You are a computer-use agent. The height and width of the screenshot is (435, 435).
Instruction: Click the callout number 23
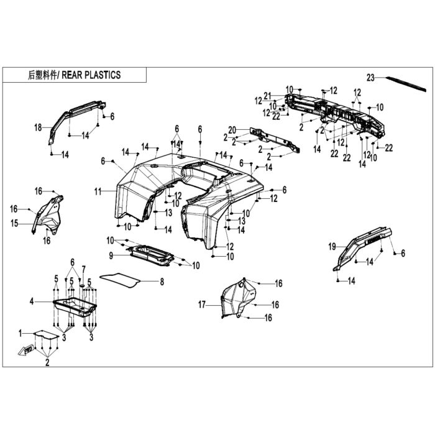[x=370, y=78]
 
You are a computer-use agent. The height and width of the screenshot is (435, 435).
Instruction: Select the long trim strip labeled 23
[x=406, y=84]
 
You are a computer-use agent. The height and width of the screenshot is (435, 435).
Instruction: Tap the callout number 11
[x=98, y=191]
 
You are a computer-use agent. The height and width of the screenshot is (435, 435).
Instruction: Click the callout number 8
[x=162, y=282]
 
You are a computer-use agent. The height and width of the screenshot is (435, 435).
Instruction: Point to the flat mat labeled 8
[x=119, y=280]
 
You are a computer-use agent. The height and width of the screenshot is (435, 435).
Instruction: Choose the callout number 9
[x=111, y=255]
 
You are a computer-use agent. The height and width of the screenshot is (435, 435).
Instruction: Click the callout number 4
[x=32, y=301]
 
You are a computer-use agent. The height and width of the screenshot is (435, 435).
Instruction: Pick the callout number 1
[x=21, y=333]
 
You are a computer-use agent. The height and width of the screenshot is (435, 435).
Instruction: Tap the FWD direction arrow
[x=26, y=351]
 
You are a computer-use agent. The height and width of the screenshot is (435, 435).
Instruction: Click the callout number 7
[x=83, y=269]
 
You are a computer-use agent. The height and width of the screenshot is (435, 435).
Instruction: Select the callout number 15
[x=14, y=223]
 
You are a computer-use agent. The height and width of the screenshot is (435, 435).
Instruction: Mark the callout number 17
[x=202, y=305]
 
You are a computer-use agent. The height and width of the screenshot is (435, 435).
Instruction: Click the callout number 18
[x=38, y=127]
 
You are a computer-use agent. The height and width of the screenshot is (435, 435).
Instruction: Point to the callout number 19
[x=332, y=247]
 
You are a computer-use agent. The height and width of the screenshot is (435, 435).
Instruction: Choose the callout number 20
[x=232, y=130]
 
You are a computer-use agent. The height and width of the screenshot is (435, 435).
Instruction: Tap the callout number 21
[x=267, y=96]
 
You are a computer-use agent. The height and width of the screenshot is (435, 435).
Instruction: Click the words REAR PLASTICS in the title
[x=91, y=75]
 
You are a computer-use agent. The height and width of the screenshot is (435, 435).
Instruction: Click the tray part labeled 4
[x=75, y=307]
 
